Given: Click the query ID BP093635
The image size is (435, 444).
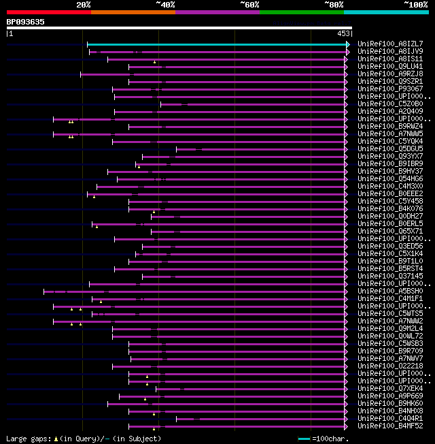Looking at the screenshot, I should coord(26,22).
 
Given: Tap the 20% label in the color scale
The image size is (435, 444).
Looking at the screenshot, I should coord(84,4).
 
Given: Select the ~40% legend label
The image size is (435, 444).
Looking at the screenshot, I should coord(165,4).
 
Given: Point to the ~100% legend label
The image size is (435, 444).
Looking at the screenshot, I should coord(415,4).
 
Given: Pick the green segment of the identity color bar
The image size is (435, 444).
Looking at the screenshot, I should coord(301,12).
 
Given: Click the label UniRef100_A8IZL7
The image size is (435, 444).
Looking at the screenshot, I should coord(390,44).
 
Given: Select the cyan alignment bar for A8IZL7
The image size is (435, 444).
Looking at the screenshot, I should coord(217,44).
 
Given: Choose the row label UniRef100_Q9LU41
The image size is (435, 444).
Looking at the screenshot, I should coord(390,66).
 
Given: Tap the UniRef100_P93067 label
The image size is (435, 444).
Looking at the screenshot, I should coord(390,89).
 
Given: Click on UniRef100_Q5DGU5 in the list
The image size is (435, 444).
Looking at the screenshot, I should coord(390,148).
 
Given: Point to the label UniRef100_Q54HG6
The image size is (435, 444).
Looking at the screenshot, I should coord(390,178).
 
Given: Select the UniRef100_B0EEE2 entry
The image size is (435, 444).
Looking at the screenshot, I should coord(390,193).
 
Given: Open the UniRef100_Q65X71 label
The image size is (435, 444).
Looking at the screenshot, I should coord(390,231).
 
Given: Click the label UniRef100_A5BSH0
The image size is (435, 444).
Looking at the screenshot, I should coord(390,291).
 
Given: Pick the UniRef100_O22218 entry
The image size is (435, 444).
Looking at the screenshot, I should coord(390,366).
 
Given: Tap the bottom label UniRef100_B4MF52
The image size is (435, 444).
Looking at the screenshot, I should coord(390,426).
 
